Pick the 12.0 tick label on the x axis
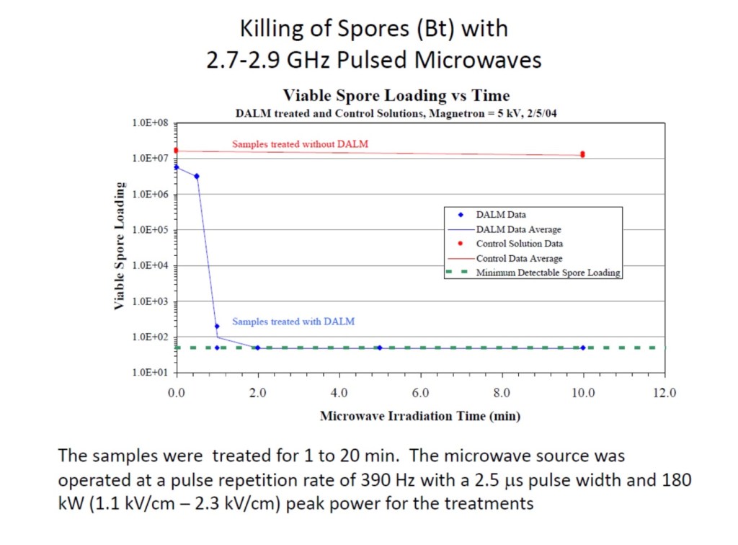(x=664, y=393)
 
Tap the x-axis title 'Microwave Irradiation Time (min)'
(x=420, y=416)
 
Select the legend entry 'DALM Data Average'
(x=518, y=229)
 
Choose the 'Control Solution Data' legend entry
(x=519, y=244)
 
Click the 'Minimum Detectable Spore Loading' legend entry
(x=548, y=272)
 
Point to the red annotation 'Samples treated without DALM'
(x=300, y=144)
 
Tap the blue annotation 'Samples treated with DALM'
(x=293, y=322)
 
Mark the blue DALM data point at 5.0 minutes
(x=380, y=347)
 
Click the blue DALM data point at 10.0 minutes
(x=583, y=347)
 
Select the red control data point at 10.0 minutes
(x=582, y=154)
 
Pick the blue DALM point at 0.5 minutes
(x=197, y=176)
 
